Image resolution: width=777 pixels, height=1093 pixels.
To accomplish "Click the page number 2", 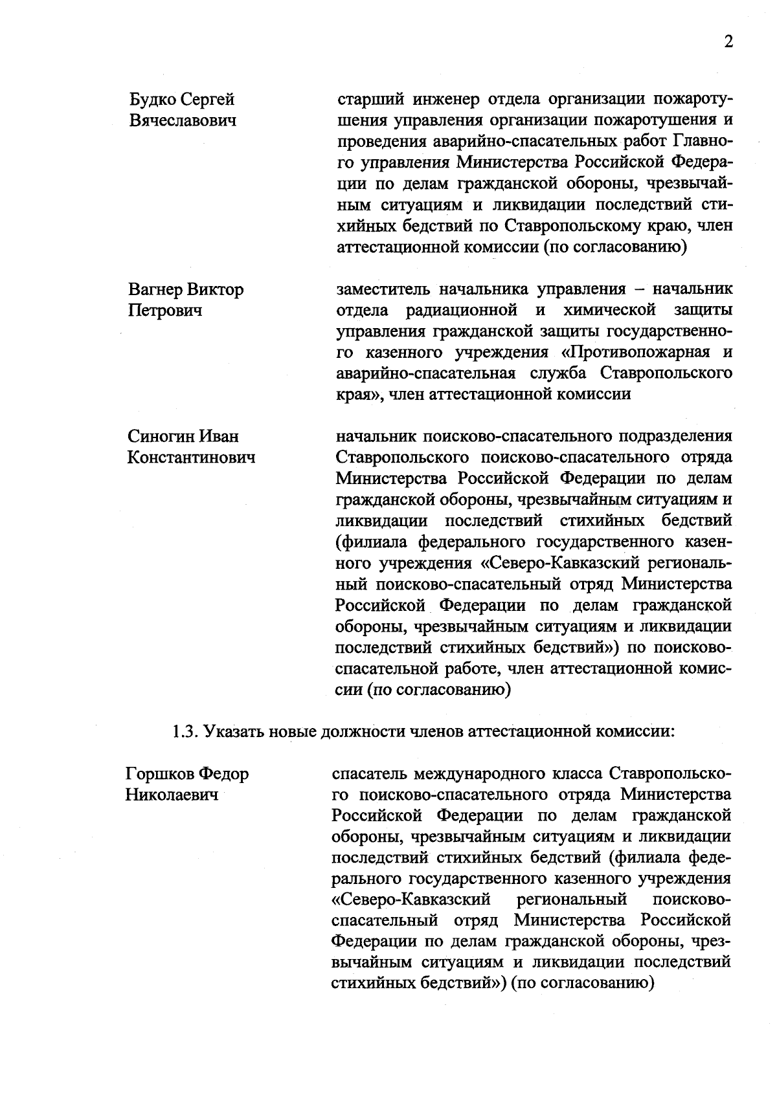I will [728, 43].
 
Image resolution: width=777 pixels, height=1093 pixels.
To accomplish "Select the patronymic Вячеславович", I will [183, 121].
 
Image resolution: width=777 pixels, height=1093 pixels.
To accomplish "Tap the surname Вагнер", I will [155, 289].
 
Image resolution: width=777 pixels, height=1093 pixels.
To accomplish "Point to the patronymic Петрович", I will [165, 311].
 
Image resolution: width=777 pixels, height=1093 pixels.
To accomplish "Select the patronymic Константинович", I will [191, 458].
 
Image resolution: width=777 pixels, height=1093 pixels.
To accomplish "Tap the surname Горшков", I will [160, 774].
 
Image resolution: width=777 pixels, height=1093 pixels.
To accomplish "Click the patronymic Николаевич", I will [170, 795].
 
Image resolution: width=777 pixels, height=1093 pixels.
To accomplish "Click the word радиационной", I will [460, 311].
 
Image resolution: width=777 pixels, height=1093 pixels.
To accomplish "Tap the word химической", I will [609, 311].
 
